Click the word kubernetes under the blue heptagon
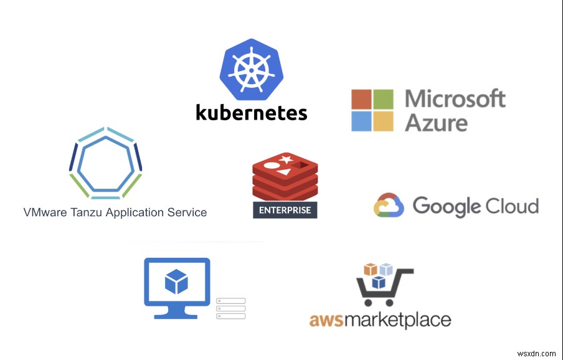coord(251,112)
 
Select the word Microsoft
coord(455,99)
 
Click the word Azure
coord(436,122)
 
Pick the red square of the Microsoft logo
coord(361,100)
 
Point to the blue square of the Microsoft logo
coord(361,121)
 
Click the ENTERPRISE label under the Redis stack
coord(285,210)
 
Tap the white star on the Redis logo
coord(286,161)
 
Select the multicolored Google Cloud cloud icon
coord(389,206)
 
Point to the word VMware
coord(42,212)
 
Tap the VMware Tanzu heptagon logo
coord(105,162)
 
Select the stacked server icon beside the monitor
coord(231,308)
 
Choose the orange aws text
coord(326,321)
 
